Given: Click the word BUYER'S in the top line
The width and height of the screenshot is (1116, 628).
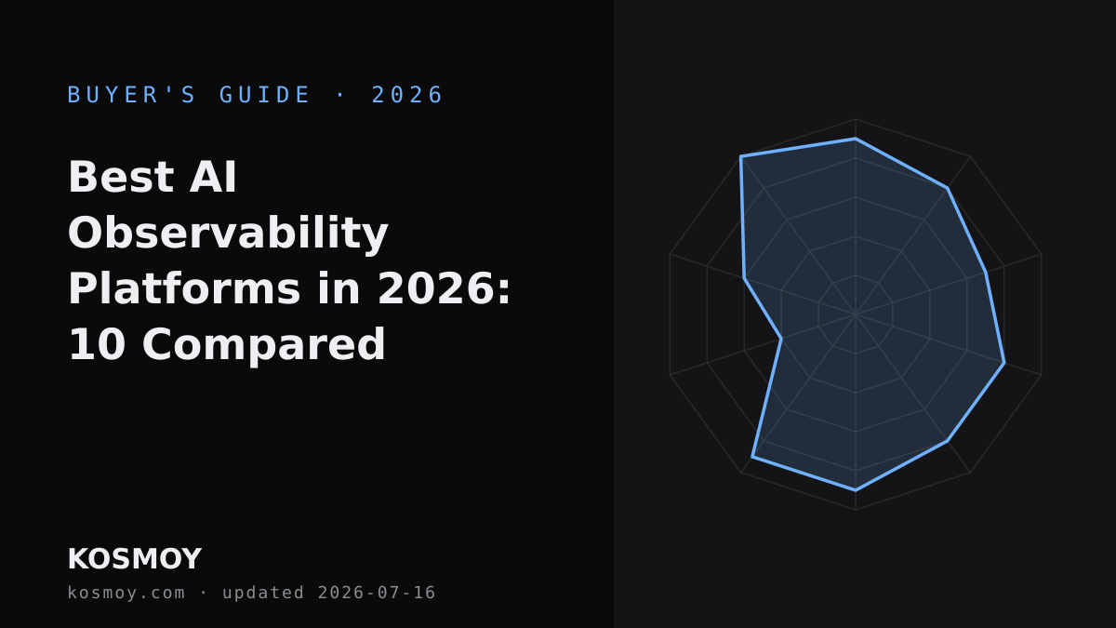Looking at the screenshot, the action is point(131,95).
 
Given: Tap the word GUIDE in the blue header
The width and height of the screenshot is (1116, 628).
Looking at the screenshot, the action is point(264,95).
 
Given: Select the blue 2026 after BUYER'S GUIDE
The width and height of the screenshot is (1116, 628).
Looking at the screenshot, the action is point(407,95).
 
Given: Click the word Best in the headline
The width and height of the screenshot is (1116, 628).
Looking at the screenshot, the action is point(121,177).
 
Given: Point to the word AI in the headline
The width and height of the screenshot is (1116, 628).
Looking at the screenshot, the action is point(213,177).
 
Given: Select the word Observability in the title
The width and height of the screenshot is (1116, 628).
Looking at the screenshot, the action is point(228,234).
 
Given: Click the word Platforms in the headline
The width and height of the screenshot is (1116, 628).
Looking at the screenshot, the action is point(184,288).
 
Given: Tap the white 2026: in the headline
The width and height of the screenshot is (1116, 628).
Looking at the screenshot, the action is point(444,288).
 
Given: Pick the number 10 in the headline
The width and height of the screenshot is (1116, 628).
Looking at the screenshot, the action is point(97,344).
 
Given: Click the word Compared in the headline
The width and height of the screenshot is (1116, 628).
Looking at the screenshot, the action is point(263,345).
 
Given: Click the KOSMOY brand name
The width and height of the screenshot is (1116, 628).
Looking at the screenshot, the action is point(135,559).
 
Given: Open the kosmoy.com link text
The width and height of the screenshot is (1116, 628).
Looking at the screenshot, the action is point(126,593).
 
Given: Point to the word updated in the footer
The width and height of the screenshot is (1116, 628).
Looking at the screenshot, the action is point(263,594).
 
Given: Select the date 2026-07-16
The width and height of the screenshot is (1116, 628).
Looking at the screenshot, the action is point(377,593).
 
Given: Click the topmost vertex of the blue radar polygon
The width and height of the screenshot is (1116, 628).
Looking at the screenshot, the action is point(856,139).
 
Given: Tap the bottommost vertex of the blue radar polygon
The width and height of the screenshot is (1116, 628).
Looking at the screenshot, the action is point(856,490).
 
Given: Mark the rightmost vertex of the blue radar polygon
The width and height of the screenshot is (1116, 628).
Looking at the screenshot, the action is point(1004,363).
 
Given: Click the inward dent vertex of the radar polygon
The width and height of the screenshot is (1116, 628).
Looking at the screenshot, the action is point(781,339).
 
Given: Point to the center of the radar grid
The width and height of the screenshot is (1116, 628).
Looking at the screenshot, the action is point(856,314).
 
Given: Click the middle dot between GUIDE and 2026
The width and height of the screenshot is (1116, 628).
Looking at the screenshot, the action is point(340,95).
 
